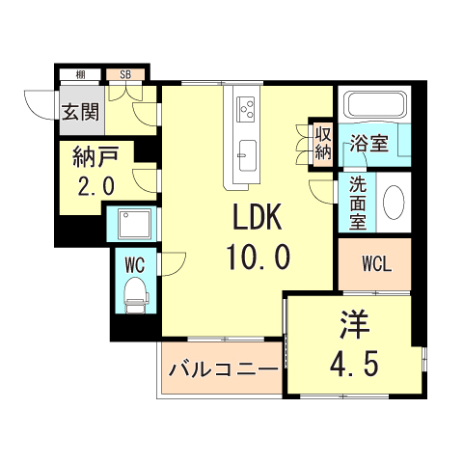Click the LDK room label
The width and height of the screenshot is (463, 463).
point(256,218)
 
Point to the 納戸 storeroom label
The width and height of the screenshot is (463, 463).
point(95,154)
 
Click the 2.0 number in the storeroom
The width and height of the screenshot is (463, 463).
point(95,185)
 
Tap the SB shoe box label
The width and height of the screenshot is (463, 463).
point(126,74)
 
